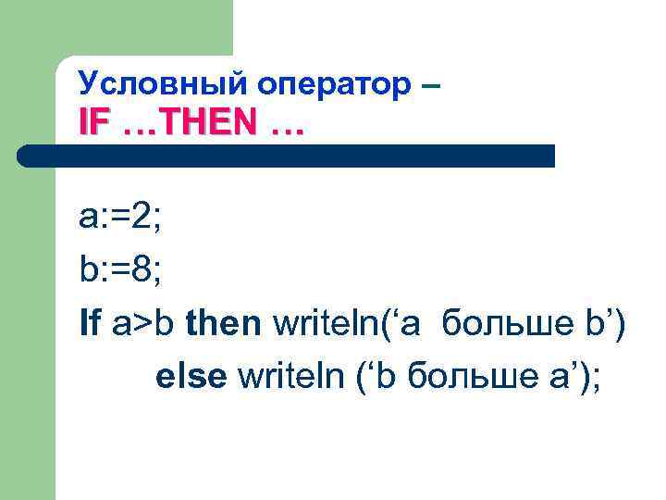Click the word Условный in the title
pos(149,84)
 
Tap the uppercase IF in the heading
pos(94,123)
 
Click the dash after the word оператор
pos(431,85)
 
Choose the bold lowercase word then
pos(223,323)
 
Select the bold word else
pos(191,377)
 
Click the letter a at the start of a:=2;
pos(88,219)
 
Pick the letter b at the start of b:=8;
pos(88,271)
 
